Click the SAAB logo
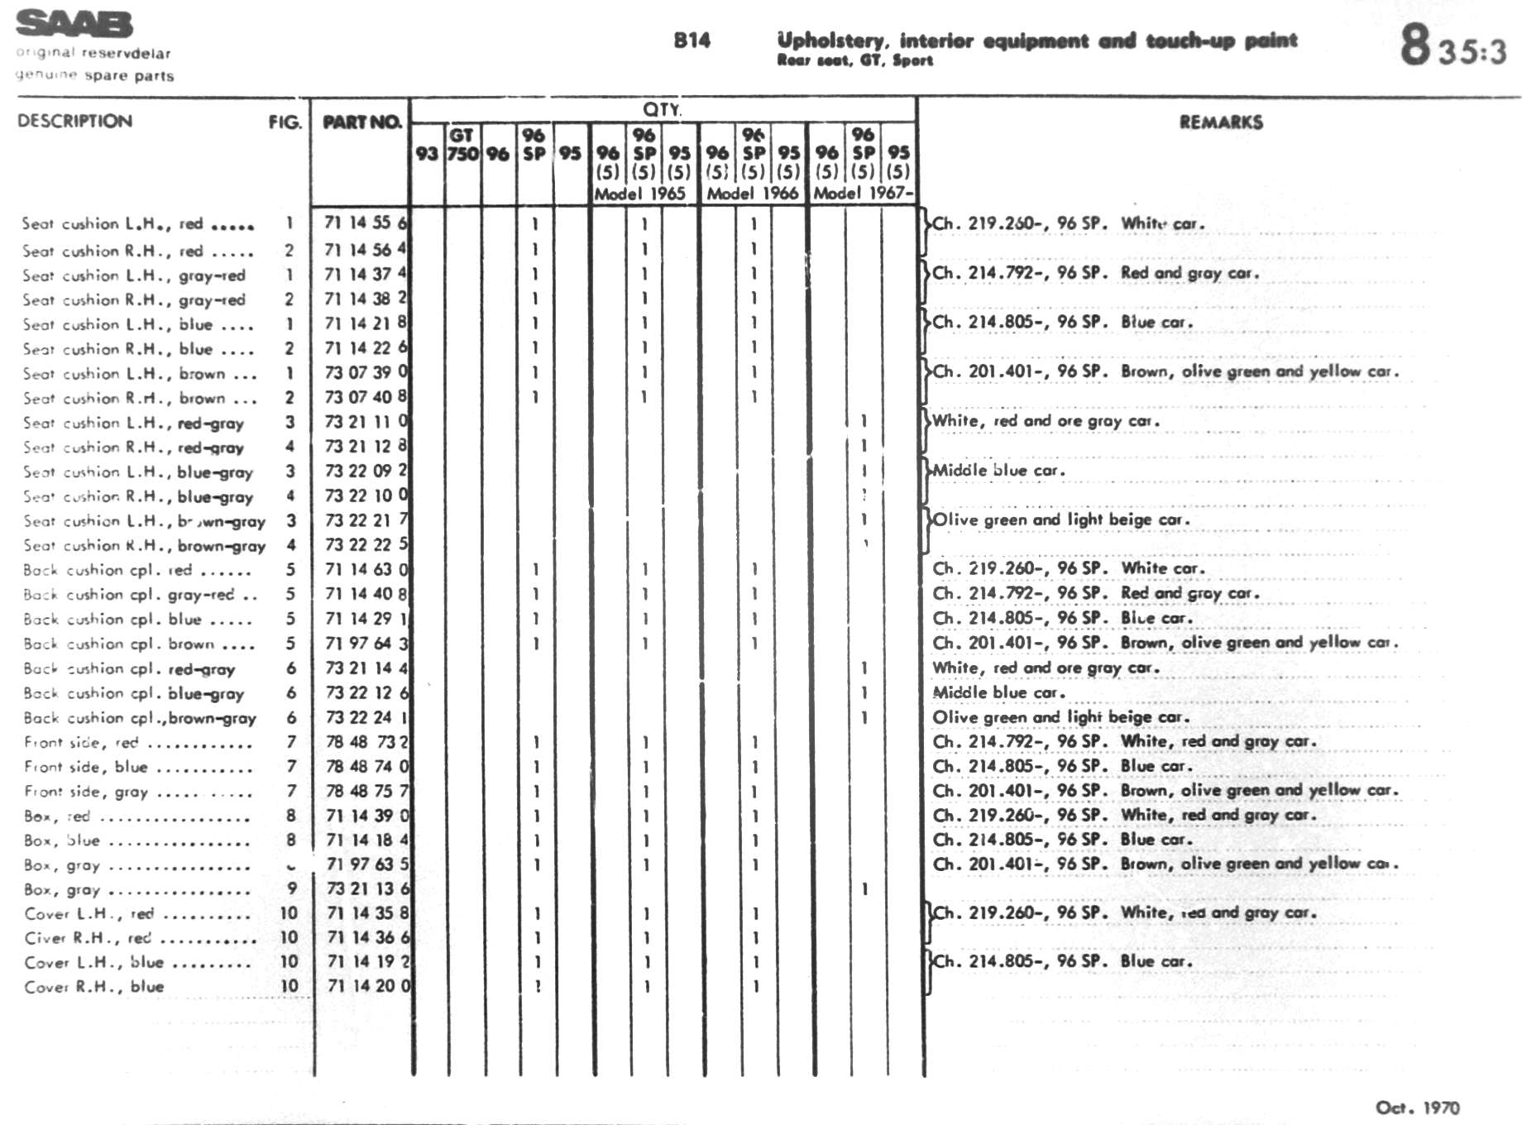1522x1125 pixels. click(x=74, y=24)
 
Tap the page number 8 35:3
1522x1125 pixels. click(x=1453, y=45)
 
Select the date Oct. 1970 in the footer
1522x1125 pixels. click(x=1417, y=1108)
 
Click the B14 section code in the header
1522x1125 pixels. click(x=692, y=41)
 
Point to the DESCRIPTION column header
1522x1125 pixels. click(x=74, y=121)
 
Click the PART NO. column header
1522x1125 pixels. click(x=361, y=122)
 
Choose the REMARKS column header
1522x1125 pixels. click(x=1221, y=122)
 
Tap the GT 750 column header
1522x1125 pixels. click(x=462, y=145)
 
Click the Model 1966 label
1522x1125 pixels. click(x=752, y=194)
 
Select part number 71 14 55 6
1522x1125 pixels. click(x=366, y=223)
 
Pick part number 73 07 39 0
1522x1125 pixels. click(x=366, y=372)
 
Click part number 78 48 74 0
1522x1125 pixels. click(x=367, y=767)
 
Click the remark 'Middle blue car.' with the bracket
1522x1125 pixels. click(x=998, y=471)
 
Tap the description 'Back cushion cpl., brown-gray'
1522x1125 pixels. click(x=140, y=718)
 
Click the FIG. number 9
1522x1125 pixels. click(x=291, y=888)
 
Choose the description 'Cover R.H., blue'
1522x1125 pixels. click(x=93, y=986)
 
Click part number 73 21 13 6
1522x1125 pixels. click(x=367, y=888)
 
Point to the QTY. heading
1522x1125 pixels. click(x=662, y=109)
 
